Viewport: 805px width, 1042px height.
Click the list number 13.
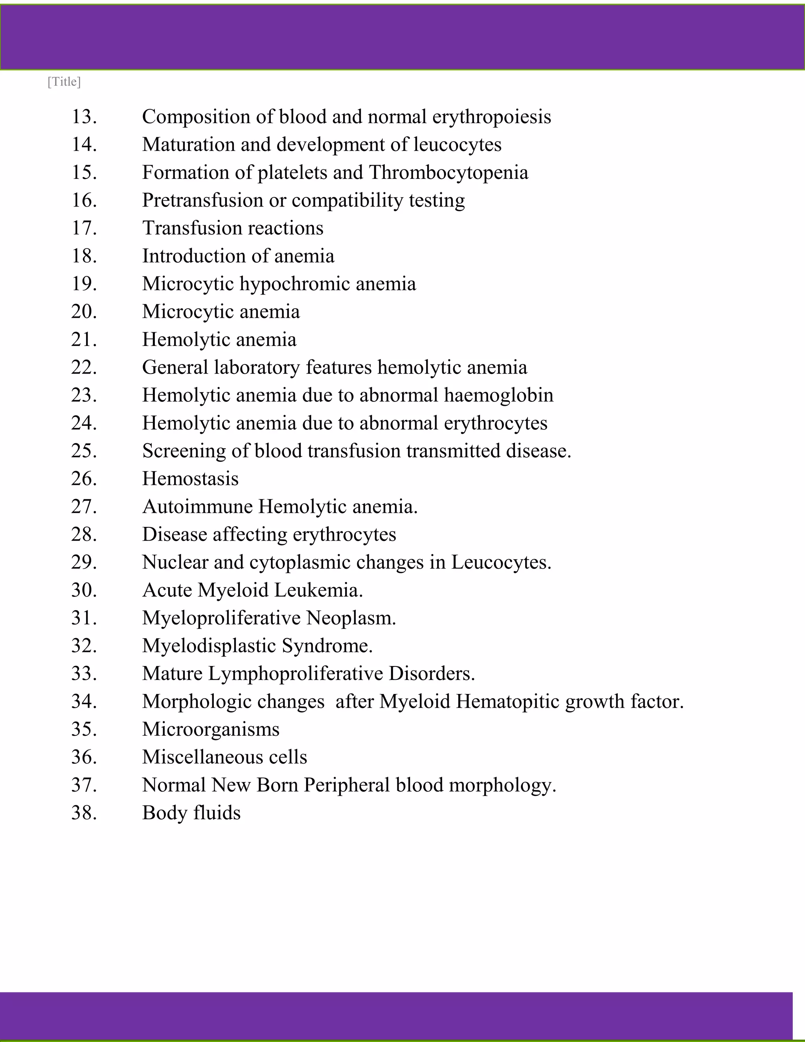pyautogui.click(x=84, y=117)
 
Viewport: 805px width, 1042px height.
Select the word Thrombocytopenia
pyautogui.click(x=448, y=173)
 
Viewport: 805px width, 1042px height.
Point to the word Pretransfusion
pyautogui.click(x=202, y=201)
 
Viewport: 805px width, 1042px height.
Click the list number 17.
pyautogui.click(x=84, y=228)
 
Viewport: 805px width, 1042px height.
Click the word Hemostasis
pyautogui.click(x=190, y=479)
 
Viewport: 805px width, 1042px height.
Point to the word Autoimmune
pyautogui.click(x=197, y=507)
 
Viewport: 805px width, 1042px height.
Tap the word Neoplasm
pyautogui.click(x=351, y=618)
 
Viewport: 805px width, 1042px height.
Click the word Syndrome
pyautogui.click(x=327, y=646)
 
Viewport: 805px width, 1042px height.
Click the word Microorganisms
pyautogui.click(x=211, y=729)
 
